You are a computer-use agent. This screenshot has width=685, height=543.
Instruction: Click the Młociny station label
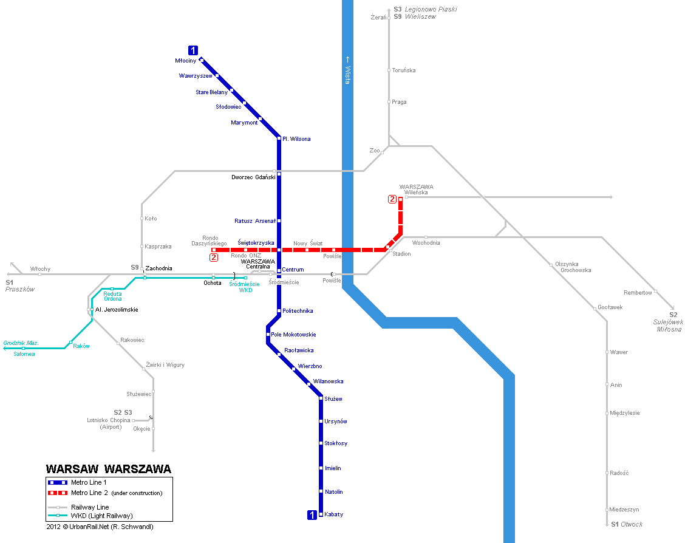click(186, 61)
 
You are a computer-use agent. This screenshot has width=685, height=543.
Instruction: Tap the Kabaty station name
click(333, 514)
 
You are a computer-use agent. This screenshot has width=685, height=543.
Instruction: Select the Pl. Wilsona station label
click(296, 139)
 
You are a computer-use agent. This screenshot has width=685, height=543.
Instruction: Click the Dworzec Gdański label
click(253, 177)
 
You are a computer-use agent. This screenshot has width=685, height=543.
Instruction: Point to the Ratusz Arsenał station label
click(254, 221)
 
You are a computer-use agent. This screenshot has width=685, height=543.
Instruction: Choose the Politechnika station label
click(298, 311)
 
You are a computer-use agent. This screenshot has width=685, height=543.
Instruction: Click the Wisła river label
click(347, 70)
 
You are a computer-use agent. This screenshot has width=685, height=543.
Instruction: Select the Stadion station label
click(401, 254)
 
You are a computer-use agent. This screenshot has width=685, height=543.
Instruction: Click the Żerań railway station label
click(378, 18)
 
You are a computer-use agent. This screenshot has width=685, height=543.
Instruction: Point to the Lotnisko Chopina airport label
click(109, 420)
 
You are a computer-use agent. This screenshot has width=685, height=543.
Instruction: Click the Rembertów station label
click(638, 293)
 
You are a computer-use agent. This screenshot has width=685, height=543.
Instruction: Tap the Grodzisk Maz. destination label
click(21, 343)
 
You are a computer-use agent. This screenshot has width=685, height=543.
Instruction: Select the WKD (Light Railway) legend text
click(101, 516)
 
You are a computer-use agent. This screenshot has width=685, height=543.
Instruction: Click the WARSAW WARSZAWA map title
click(109, 469)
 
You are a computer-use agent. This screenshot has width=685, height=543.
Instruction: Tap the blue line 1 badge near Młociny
click(193, 50)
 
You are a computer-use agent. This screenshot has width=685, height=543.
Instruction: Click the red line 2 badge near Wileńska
click(392, 199)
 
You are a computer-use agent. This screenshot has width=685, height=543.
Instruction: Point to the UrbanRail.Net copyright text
click(100, 527)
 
